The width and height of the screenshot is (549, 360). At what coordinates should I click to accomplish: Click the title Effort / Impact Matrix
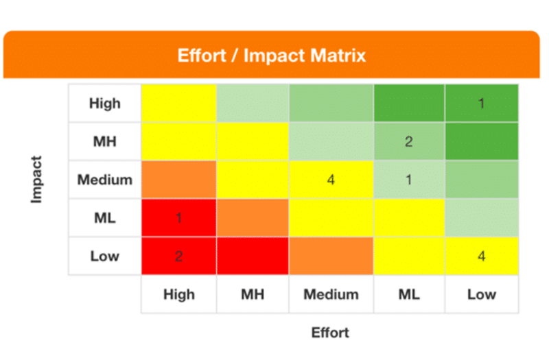pyautogui.click(x=272, y=56)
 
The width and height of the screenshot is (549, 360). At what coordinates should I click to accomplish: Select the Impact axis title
pyautogui.click(x=37, y=180)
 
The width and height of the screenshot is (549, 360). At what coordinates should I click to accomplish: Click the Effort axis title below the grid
pyautogui.click(x=330, y=333)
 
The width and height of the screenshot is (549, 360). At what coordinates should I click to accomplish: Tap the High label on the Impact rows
pyautogui.click(x=104, y=103)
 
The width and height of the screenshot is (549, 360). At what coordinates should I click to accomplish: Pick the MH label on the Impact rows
pyautogui.click(x=104, y=141)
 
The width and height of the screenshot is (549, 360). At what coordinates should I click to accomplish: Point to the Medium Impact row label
pyautogui.click(x=104, y=180)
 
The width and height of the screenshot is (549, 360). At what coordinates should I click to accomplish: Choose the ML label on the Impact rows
pyautogui.click(x=104, y=218)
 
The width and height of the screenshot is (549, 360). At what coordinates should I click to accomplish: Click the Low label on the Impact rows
pyautogui.click(x=104, y=256)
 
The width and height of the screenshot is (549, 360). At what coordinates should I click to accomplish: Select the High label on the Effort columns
pyautogui.click(x=178, y=294)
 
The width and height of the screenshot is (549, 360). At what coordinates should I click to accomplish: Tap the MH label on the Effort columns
pyautogui.click(x=253, y=294)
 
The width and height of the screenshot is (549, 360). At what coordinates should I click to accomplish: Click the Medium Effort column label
pyautogui.click(x=331, y=294)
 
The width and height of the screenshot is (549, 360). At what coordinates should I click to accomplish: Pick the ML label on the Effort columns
pyautogui.click(x=409, y=294)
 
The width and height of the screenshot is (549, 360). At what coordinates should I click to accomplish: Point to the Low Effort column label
pyautogui.click(x=482, y=294)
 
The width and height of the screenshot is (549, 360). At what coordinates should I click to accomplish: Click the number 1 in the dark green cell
pyautogui.click(x=482, y=104)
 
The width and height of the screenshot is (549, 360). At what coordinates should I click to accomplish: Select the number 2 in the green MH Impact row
pyautogui.click(x=408, y=142)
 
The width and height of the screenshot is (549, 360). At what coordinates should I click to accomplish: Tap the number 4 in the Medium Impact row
pyautogui.click(x=331, y=180)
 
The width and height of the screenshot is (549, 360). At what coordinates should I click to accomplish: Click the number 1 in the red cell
pyautogui.click(x=178, y=218)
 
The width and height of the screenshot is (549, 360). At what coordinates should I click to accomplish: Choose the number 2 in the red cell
pyautogui.click(x=178, y=256)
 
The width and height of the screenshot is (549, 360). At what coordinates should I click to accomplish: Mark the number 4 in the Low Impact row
pyautogui.click(x=482, y=256)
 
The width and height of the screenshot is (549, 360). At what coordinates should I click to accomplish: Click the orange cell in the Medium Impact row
pyautogui.click(x=178, y=180)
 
